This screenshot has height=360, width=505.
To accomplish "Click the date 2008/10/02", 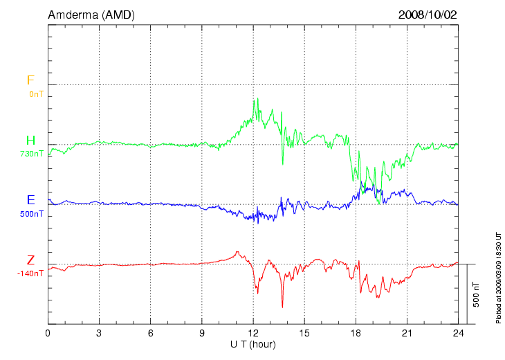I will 428,15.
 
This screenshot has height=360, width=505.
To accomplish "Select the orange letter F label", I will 30,80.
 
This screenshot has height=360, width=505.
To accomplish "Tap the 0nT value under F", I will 36,93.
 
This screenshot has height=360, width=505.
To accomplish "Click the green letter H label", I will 30,141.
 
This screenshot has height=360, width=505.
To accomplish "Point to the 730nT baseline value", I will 32,154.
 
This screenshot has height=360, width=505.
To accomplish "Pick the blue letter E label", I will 30,200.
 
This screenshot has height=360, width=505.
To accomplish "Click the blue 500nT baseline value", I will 32,213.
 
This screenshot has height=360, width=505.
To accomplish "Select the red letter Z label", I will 30,260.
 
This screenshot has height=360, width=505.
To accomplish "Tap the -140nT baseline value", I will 31,273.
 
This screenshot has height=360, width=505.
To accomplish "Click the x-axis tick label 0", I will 48,333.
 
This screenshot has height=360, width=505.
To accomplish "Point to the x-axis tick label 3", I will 99,333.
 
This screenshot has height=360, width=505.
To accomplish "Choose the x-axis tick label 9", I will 202,333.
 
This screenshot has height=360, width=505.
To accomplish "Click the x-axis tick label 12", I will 253,333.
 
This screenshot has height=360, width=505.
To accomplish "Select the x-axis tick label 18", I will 356,333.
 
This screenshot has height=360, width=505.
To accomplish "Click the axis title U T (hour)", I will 253,344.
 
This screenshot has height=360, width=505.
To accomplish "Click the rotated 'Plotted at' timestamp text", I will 498,277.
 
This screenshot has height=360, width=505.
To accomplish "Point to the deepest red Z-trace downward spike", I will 282,307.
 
